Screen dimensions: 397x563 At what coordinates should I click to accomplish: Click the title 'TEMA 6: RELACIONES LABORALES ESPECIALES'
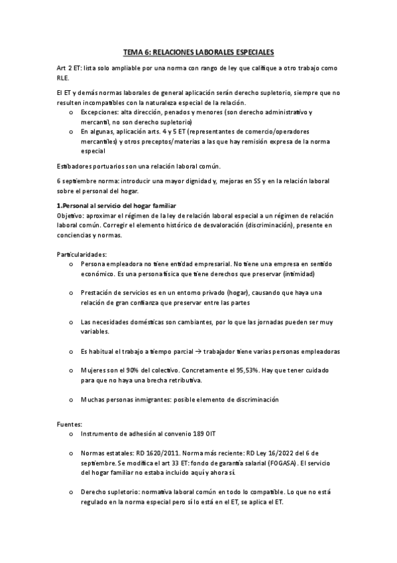click(198, 51)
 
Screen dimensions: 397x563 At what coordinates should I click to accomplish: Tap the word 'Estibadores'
click(78, 165)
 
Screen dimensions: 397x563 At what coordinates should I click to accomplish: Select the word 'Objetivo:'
click(72, 216)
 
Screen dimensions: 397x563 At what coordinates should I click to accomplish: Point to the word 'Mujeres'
click(94, 370)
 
